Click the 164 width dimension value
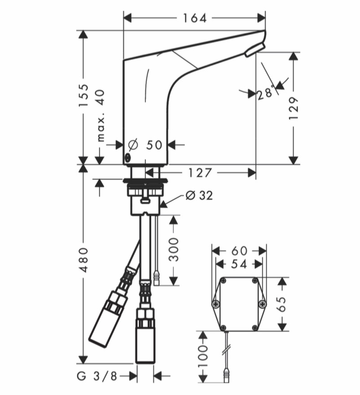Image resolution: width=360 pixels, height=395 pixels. click(194, 18)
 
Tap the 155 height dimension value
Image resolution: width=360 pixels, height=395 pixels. click(83, 95)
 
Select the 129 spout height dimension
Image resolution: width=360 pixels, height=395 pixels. click(294, 108)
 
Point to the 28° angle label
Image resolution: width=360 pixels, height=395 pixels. click(266, 93)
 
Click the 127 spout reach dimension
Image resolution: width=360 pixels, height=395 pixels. click(200, 173)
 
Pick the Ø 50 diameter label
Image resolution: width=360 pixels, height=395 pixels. click(145, 145)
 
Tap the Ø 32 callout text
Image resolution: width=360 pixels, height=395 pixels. click(199, 195)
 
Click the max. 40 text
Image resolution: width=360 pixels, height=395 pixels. click(101, 115)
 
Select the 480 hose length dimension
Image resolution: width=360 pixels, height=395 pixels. click(83, 260)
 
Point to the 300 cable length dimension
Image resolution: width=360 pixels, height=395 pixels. click(173, 249)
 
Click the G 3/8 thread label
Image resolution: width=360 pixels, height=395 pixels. click(97, 376)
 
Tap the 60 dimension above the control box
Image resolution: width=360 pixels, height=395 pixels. click(239, 251)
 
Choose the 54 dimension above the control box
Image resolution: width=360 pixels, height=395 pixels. click(239, 264)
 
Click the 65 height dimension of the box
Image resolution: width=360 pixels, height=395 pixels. click(282, 304)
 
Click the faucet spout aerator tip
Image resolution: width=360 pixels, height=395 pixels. click(255, 49)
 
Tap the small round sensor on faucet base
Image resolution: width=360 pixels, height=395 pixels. click(127, 157)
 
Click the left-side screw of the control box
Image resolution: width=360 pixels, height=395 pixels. click(216, 304)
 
